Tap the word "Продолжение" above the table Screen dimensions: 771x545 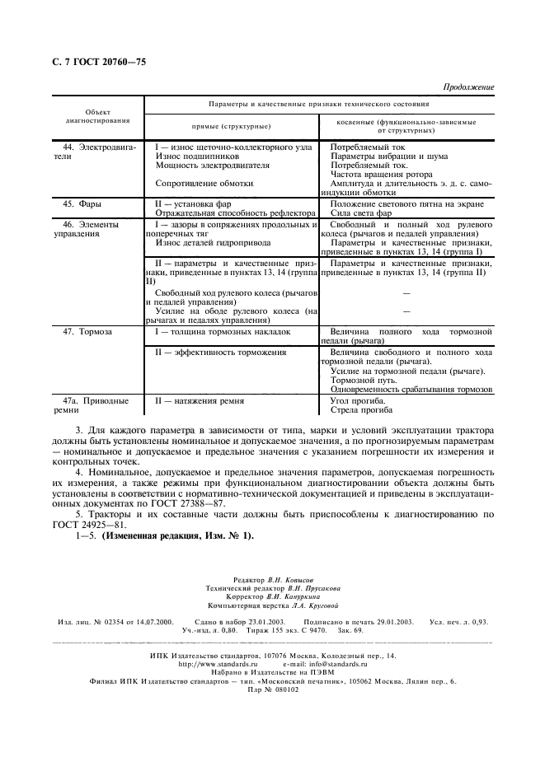tap(468, 86)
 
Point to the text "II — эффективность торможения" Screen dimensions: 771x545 tap(220, 352)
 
